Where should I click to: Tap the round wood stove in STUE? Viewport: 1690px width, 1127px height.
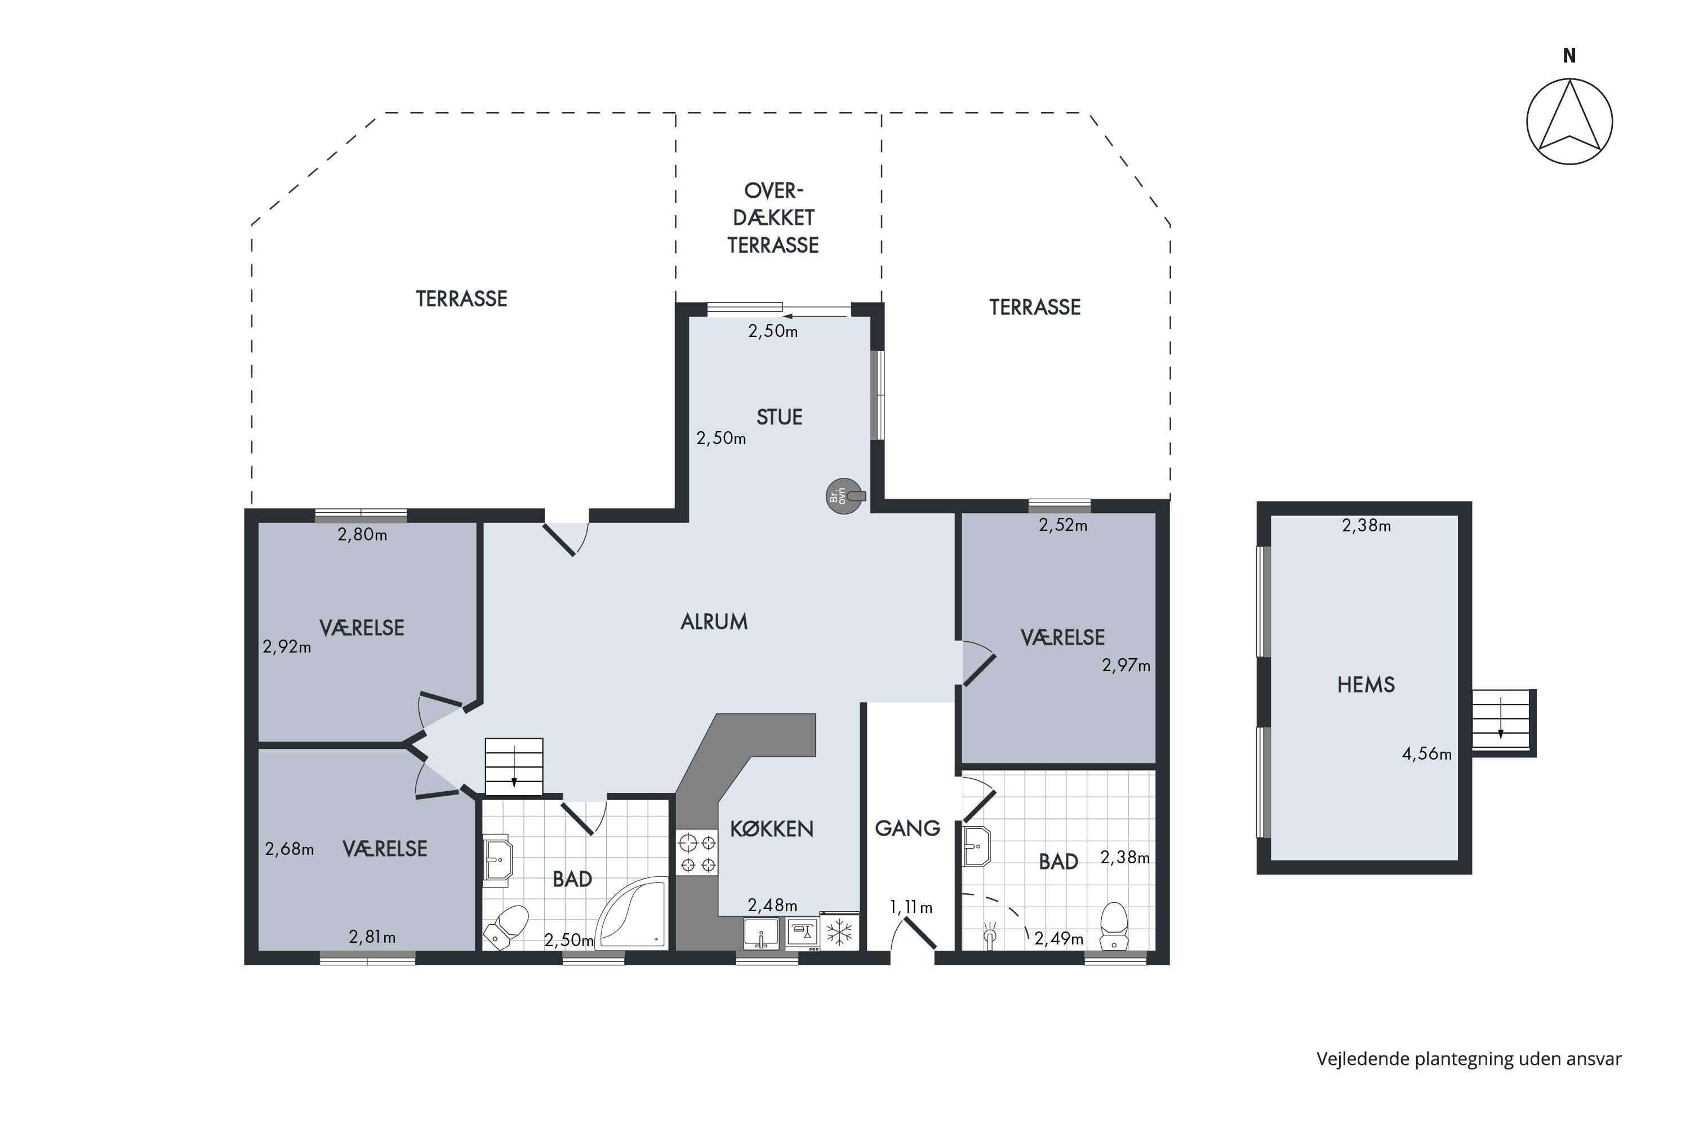pyautogui.click(x=845, y=496)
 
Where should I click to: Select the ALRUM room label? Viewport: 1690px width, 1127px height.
pyautogui.click(x=714, y=622)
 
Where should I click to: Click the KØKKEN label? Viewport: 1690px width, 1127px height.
pyautogui.click(x=772, y=829)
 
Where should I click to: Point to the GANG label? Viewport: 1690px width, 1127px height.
pyautogui.click(x=908, y=829)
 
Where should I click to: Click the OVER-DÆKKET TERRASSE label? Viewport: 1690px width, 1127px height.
pyautogui.click(x=773, y=218)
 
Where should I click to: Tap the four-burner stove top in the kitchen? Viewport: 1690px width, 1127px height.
pyautogui.click(x=697, y=853)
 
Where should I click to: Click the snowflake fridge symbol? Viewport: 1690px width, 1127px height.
pyautogui.click(x=839, y=932)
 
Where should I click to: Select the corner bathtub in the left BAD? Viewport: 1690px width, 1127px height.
pyautogui.click(x=631, y=913)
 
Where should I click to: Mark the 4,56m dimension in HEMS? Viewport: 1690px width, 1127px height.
pyautogui.click(x=1426, y=754)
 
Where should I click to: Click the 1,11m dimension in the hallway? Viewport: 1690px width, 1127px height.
pyautogui.click(x=911, y=907)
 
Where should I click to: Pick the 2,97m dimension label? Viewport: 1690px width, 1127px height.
pyautogui.click(x=1126, y=665)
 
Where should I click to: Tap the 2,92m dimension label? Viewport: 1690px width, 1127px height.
pyautogui.click(x=287, y=647)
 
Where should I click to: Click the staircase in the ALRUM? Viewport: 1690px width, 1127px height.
pyautogui.click(x=514, y=767)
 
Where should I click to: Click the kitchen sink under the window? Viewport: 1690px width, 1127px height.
pyautogui.click(x=761, y=934)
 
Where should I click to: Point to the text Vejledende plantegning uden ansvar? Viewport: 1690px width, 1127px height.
pyautogui.click(x=1469, y=1059)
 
